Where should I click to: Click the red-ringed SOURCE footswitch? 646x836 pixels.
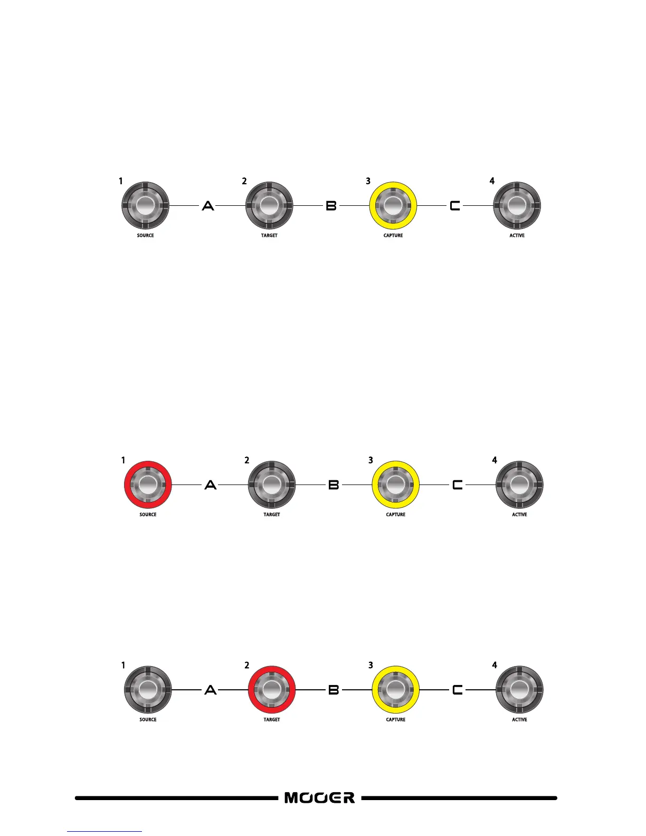point(148,484)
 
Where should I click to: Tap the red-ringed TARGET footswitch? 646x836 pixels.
point(272,689)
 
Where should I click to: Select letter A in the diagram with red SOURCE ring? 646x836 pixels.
point(211,484)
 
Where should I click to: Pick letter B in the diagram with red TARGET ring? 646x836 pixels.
point(334,689)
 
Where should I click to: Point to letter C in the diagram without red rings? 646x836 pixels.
point(455,206)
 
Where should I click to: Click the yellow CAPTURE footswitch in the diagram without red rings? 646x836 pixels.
point(393,206)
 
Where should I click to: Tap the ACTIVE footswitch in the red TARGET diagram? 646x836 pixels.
point(519,689)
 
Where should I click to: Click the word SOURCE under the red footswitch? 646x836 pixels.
point(148,515)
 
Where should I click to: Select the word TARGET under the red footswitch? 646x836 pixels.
point(272,719)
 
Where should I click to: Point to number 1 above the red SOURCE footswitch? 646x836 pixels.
point(123,460)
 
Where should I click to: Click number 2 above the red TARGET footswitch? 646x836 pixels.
point(246,665)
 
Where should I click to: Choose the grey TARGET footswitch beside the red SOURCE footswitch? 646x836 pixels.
point(272,484)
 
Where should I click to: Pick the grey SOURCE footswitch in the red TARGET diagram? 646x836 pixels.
point(148,689)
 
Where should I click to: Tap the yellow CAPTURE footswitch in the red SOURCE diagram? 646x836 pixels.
point(396,484)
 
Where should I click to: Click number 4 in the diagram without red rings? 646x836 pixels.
point(492,181)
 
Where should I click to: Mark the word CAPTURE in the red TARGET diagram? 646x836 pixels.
point(396,719)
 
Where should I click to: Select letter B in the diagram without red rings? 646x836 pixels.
point(331,206)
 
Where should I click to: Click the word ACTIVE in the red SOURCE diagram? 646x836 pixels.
point(519,515)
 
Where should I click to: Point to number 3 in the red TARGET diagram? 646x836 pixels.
point(370,665)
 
